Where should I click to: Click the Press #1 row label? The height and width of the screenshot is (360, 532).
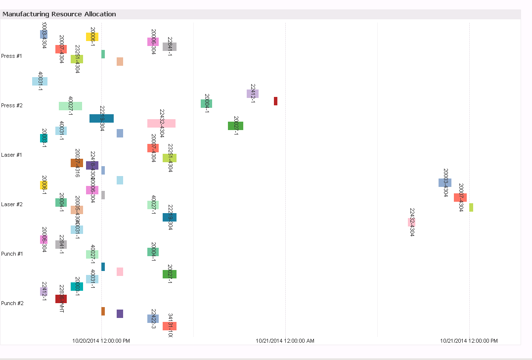pyautogui.click(x=12, y=56)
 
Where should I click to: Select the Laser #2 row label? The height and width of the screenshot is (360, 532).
pyautogui.click(x=12, y=204)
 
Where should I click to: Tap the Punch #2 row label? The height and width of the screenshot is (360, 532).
pyautogui.click(x=12, y=303)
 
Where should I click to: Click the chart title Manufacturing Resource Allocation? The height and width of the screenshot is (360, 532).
pyautogui.click(x=59, y=14)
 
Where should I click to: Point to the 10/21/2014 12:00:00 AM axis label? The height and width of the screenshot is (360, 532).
pyautogui.click(x=285, y=341)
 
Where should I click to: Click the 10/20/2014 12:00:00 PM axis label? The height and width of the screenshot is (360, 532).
pyautogui.click(x=101, y=341)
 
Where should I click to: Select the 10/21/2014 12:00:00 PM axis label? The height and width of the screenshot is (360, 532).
pyautogui.click(x=469, y=341)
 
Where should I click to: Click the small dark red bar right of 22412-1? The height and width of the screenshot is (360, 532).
pyautogui.click(x=275, y=101)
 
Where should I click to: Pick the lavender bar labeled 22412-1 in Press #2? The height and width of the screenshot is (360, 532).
pyautogui.click(x=253, y=93)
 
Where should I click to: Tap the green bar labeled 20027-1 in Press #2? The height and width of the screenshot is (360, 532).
pyautogui.click(x=235, y=126)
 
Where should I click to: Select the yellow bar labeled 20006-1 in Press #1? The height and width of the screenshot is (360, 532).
pyautogui.click(x=92, y=37)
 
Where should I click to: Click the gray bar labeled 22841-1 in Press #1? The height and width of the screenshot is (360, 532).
pyautogui.click(x=170, y=46)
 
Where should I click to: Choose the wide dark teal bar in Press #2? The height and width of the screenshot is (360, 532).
pyautogui.click(x=101, y=118)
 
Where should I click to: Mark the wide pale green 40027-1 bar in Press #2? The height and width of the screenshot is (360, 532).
pyautogui.click(x=70, y=106)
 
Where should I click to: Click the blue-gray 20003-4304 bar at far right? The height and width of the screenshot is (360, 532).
pyautogui.click(x=445, y=182)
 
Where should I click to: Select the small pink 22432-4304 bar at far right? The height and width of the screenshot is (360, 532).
pyautogui.click(x=411, y=222)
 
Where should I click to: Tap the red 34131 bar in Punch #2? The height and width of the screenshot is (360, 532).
pyautogui.click(x=170, y=326)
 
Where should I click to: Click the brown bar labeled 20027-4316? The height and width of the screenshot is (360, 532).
pyautogui.click(x=77, y=163)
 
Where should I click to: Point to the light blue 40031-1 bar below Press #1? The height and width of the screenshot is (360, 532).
pyautogui.click(x=40, y=81)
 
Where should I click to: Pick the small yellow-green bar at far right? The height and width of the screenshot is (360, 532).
pyautogui.click(x=471, y=207)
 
